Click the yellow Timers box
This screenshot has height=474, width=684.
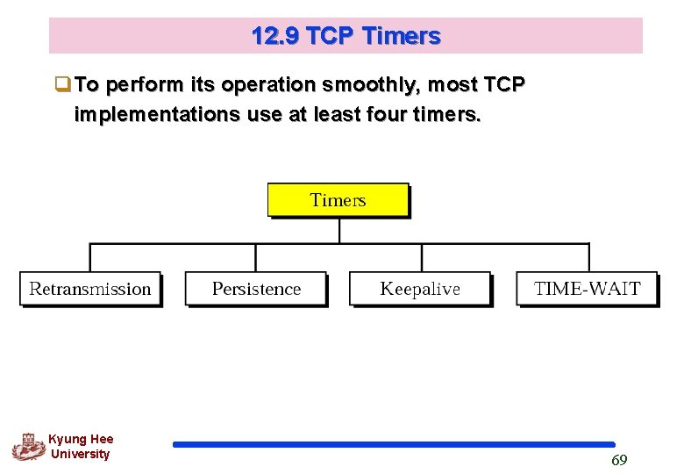pyautogui.click(x=338, y=200)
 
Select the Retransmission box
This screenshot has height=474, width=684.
pyautogui.click(x=90, y=289)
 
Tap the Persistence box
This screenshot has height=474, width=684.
pyautogui.click(x=256, y=289)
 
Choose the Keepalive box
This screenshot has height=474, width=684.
pyautogui.click(x=420, y=289)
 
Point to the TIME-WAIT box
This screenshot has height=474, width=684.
pyautogui.click(x=587, y=289)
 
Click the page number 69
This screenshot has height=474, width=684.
pyautogui.click(x=619, y=461)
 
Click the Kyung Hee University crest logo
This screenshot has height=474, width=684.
pyautogui.click(x=28, y=447)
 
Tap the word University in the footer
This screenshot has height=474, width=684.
pyautogui.click(x=81, y=455)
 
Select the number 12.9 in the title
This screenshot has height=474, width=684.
pyautogui.click(x=274, y=37)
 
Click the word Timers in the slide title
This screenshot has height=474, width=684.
pyautogui.click(x=401, y=37)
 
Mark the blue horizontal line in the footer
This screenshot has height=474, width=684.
pyautogui.click(x=394, y=445)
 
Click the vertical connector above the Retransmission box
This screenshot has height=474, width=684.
pyautogui.click(x=90, y=258)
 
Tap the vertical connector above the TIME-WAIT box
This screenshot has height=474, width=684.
pyautogui.click(x=588, y=258)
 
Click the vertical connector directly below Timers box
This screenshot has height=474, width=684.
pyautogui.click(x=339, y=230)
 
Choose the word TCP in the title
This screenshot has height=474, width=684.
pyautogui.click(x=332, y=37)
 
